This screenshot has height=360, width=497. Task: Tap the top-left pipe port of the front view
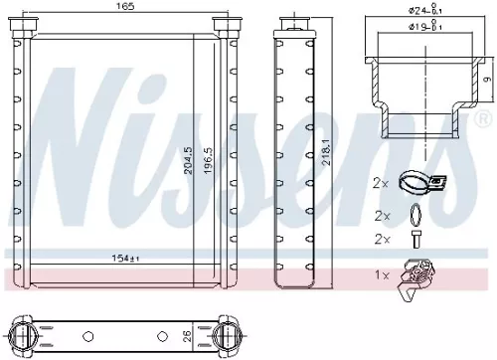tap(21, 27)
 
